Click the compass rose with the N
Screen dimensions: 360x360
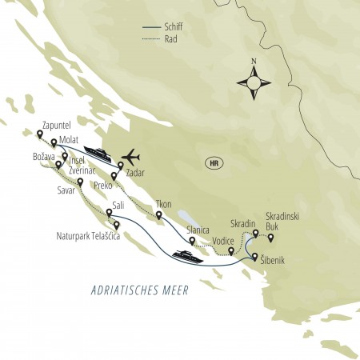(x=254, y=81)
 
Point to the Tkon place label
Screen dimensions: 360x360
(x=164, y=204)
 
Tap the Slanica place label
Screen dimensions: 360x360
(x=198, y=229)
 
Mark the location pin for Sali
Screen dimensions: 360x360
(x=109, y=212)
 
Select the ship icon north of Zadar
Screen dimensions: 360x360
(x=98, y=152)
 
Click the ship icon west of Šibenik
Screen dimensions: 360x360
(x=187, y=256)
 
